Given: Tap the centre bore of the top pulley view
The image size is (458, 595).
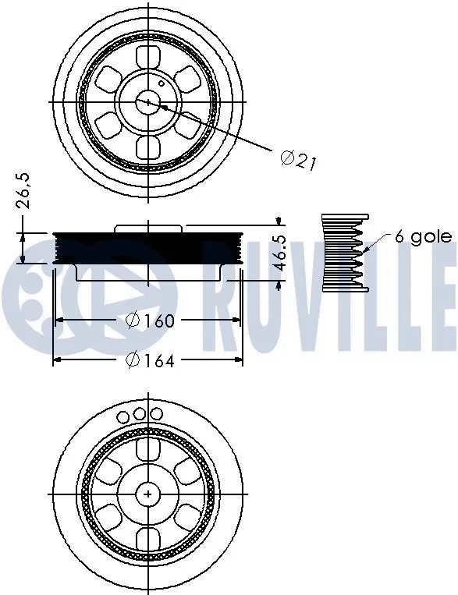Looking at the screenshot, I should pos(148,102).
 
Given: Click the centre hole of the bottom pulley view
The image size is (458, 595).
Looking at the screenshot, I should pos(148,493).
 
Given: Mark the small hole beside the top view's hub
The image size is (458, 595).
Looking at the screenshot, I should pos(162,83).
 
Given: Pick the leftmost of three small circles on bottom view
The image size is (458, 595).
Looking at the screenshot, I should pos(124,417).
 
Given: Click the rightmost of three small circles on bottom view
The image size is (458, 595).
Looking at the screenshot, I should pos(156,413).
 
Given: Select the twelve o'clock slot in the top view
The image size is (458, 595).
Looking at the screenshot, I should pos(148,56).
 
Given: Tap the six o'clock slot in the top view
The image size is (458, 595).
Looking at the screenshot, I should pos(148,147).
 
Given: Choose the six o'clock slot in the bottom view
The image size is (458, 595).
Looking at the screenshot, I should pos(148,537).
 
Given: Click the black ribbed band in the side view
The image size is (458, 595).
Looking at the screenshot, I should pos(148,248).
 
